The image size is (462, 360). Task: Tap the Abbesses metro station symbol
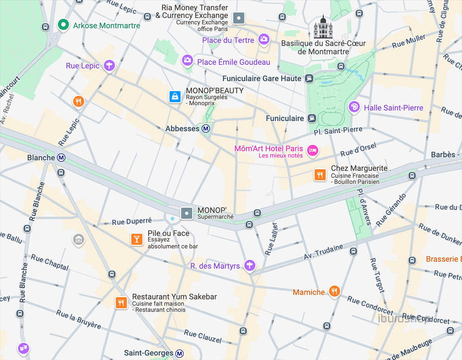pyautogui.click(x=206, y=129)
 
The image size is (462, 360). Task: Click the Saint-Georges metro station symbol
pyautogui.click(x=180, y=353)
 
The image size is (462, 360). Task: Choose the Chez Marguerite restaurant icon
pyautogui.click(x=320, y=175)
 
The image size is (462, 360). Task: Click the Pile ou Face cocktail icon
pyautogui.click(x=137, y=239)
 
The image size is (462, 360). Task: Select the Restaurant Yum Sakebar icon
pyautogui.click(x=120, y=302)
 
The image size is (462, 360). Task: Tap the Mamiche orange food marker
pyautogui.click(x=334, y=291)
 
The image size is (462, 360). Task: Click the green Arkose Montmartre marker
pyautogui.click(x=64, y=25)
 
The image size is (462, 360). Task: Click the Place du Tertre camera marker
pyautogui.click(x=264, y=39)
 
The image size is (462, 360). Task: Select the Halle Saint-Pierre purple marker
pyautogui.click(x=355, y=106)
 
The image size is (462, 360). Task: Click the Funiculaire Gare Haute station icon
pyautogui.click(x=309, y=78)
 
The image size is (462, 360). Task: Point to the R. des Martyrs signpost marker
pyautogui.click(x=249, y=266)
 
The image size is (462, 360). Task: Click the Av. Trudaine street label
pyautogui.click(x=323, y=252)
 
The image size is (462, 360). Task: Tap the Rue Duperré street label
pyautogui.click(x=132, y=222)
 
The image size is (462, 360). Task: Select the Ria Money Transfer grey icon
pyautogui.click(x=238, y=18)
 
